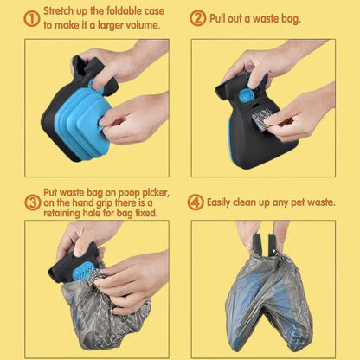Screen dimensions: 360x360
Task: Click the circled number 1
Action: [31, 19]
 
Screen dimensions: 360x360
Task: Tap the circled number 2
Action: [198, 18]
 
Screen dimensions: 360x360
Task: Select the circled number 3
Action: [32, 202]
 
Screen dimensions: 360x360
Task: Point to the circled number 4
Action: [196, 202]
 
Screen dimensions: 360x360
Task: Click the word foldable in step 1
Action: [125, 11]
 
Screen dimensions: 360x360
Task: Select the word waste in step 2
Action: [267, 19]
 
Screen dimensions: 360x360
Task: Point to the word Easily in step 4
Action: [219, 202]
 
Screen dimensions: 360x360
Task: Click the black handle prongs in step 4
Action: [264, 245]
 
